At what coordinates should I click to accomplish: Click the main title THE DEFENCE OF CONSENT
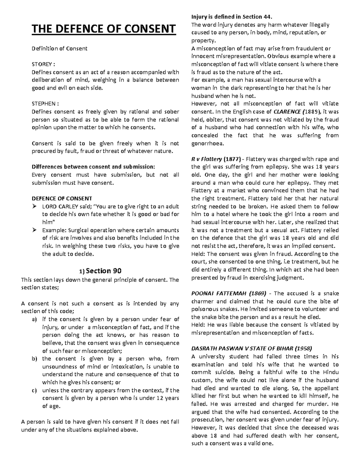[x=103, y=29]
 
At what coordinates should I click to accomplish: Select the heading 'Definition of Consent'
[x=59, y=48]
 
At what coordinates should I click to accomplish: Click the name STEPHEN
[x=43, y=104]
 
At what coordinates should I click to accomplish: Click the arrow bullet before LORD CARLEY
[x=34, y=206]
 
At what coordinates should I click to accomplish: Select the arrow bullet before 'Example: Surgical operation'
[x=34, y=230]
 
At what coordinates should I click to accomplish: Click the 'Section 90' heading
[x=103, y=271]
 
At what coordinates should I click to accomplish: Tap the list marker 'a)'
[x=34, y=319]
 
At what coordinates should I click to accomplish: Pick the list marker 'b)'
[x=34, y=359]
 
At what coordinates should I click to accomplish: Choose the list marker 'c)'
[x=34, y=390]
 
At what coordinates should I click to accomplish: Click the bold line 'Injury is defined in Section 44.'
[x=232, y=17]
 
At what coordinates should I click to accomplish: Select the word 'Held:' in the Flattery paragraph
[x=198, y=254]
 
